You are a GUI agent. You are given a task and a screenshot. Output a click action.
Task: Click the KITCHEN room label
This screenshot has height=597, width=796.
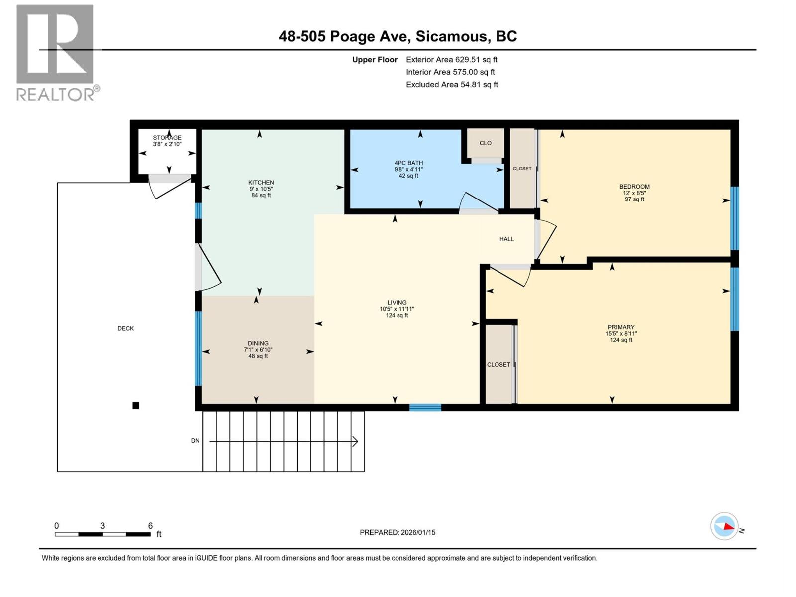pos(261,183)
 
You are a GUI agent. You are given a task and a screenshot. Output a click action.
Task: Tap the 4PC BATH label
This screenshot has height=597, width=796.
pos(408,163)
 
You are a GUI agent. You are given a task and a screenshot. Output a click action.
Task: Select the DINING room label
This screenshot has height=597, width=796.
pos(258,343)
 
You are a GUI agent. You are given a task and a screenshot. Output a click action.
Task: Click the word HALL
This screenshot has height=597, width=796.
pos(506,239)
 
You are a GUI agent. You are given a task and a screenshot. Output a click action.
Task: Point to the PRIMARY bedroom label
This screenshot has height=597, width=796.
pos(621,328)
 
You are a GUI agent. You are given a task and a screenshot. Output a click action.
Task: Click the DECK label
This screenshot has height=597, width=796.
pos(126,328)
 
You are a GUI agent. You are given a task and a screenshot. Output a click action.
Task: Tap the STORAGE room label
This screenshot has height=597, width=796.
pos(167,138)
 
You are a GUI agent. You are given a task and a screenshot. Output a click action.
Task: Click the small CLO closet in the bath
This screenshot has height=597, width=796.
pos(486,143)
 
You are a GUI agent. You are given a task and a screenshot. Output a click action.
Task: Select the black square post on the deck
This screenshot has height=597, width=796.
pos(136,406)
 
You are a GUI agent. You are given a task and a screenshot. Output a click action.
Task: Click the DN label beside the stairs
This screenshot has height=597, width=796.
pos(195,441)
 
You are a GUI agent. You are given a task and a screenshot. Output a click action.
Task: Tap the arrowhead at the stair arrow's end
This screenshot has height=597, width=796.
pos(356,441)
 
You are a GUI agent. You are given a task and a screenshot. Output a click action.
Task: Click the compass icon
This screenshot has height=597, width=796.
pos(724,526)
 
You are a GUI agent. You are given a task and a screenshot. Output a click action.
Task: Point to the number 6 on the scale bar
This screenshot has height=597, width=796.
pos(150,526)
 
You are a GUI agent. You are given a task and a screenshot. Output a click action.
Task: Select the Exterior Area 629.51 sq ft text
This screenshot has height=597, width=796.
pos(451,60)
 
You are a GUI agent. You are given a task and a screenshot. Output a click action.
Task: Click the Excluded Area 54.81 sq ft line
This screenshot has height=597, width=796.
pos(452,85)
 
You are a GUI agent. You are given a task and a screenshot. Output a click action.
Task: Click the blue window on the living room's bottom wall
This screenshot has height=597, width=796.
pos(425,408)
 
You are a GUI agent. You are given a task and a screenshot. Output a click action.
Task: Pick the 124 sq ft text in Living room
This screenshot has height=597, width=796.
pos(397,315)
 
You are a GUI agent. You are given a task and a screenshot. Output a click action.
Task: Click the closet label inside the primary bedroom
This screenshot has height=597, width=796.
pos(498,365)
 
